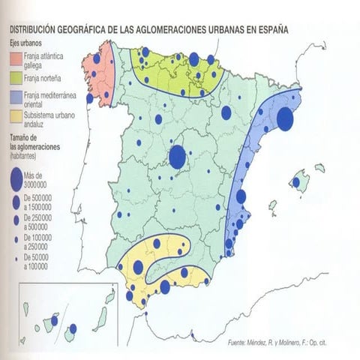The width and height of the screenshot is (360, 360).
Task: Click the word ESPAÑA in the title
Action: [271, 31]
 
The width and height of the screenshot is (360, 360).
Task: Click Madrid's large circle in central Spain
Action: [178, 157]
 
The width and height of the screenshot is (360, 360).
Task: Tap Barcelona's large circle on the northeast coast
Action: [285, 119]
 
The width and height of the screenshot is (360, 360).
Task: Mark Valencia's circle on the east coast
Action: [241, 196]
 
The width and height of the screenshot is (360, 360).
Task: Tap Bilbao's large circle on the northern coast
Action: [194, 59]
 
